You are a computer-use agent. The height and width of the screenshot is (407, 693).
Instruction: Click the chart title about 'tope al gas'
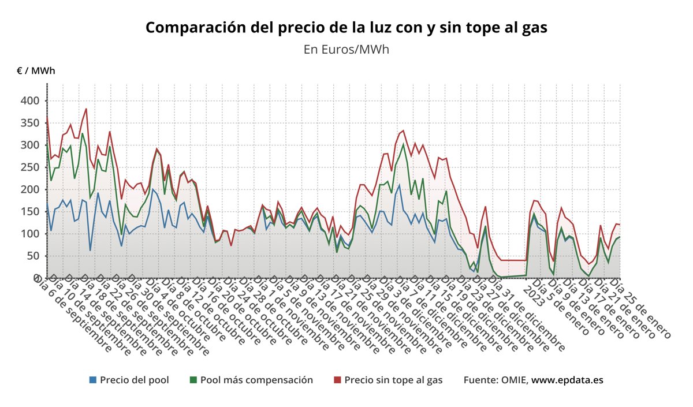(x=346, y=27)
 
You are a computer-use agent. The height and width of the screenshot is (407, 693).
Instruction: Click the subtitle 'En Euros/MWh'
(x=346, y=49)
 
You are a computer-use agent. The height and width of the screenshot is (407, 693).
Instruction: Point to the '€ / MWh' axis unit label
(x=36, y=71)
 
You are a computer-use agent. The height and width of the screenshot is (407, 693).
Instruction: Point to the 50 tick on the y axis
(x=33, y=256)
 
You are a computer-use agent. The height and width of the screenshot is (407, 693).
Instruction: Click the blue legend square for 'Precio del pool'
(x=92, y=380)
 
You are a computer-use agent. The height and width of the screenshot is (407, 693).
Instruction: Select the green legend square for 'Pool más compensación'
(x=193, y=380)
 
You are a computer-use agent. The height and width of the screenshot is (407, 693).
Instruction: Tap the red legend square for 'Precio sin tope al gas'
(x=337, y=380)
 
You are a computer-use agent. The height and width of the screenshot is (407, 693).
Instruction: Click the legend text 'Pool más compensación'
(x=256, y=380)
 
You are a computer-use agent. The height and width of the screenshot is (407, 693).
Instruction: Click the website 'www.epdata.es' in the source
(x=567, y=380)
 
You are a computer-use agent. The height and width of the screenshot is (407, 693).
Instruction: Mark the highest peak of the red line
(x=86, y=109)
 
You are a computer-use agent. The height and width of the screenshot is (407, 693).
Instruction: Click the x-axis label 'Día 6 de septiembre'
(x=75, y=315)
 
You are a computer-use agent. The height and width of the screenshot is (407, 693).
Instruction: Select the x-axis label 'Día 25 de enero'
(x=641, y=309)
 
